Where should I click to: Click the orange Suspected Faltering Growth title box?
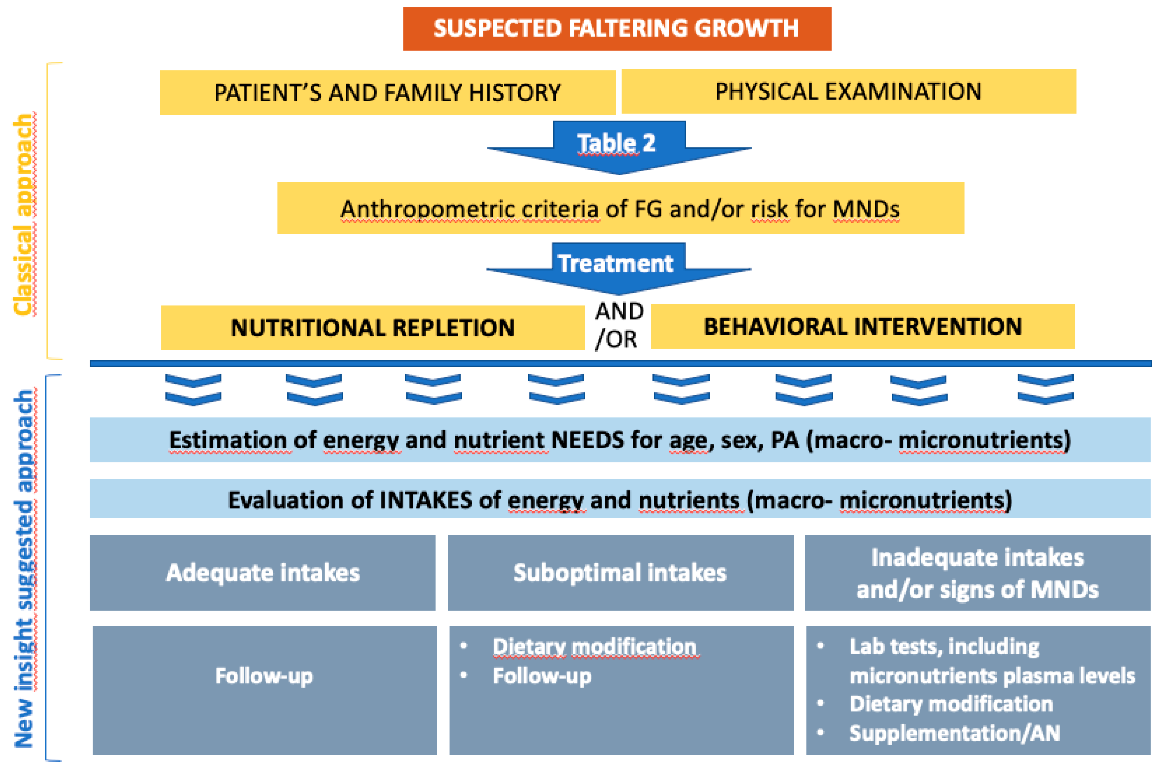(x=617, y=29)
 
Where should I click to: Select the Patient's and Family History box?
(x=387, y=92)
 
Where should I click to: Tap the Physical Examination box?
(x=848, y=91)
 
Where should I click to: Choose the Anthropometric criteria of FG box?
(x=620, y=209)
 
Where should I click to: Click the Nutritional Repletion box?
(x=373, y=327)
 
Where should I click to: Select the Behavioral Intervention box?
(x=863, y=326)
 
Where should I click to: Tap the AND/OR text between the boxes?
(x=618, y=325)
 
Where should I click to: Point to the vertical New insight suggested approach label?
(x=24, y=568)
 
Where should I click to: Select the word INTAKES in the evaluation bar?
(x=426, y=500)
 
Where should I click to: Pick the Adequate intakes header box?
(x=263, y=572)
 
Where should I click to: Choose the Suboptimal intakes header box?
(x=620, y=572)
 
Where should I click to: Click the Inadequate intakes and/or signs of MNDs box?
(x=977, y=573)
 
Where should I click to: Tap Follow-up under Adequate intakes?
(x=264, y=676)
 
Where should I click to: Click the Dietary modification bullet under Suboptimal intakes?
(x=594, y=646)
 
